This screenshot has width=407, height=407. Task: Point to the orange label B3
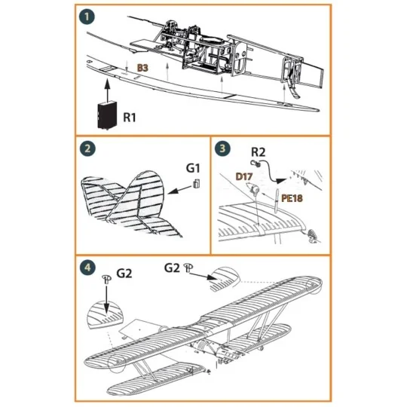(143, 69)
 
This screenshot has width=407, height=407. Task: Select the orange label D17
(243, 176)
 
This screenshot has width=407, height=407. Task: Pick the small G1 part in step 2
(195, 184)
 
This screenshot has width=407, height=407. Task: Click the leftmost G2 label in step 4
(124, 274)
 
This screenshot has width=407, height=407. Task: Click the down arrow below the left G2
(106, 301)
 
